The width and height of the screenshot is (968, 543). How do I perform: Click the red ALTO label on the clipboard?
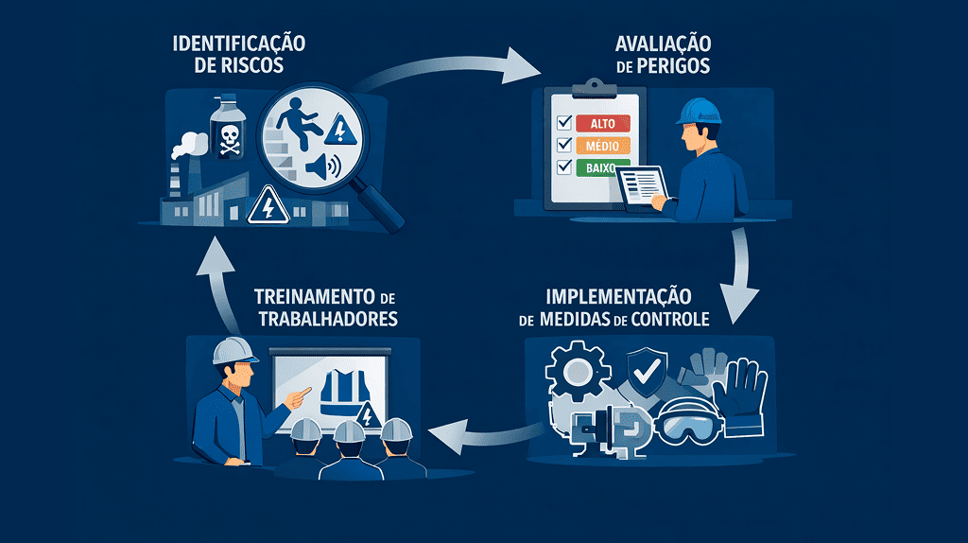point(601,124)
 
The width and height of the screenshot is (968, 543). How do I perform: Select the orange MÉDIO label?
point(601,146)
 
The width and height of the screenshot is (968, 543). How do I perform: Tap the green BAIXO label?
point(599,167)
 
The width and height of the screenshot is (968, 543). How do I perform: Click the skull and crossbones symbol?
point(230,139)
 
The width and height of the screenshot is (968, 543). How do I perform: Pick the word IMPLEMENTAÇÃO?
point(628,293)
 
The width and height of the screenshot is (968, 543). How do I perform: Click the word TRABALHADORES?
point(325,320)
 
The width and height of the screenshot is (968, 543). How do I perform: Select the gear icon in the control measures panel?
point(577,373)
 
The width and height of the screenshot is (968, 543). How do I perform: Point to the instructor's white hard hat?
point(232,351)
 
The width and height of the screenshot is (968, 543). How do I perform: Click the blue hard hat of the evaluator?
point(698,111)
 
